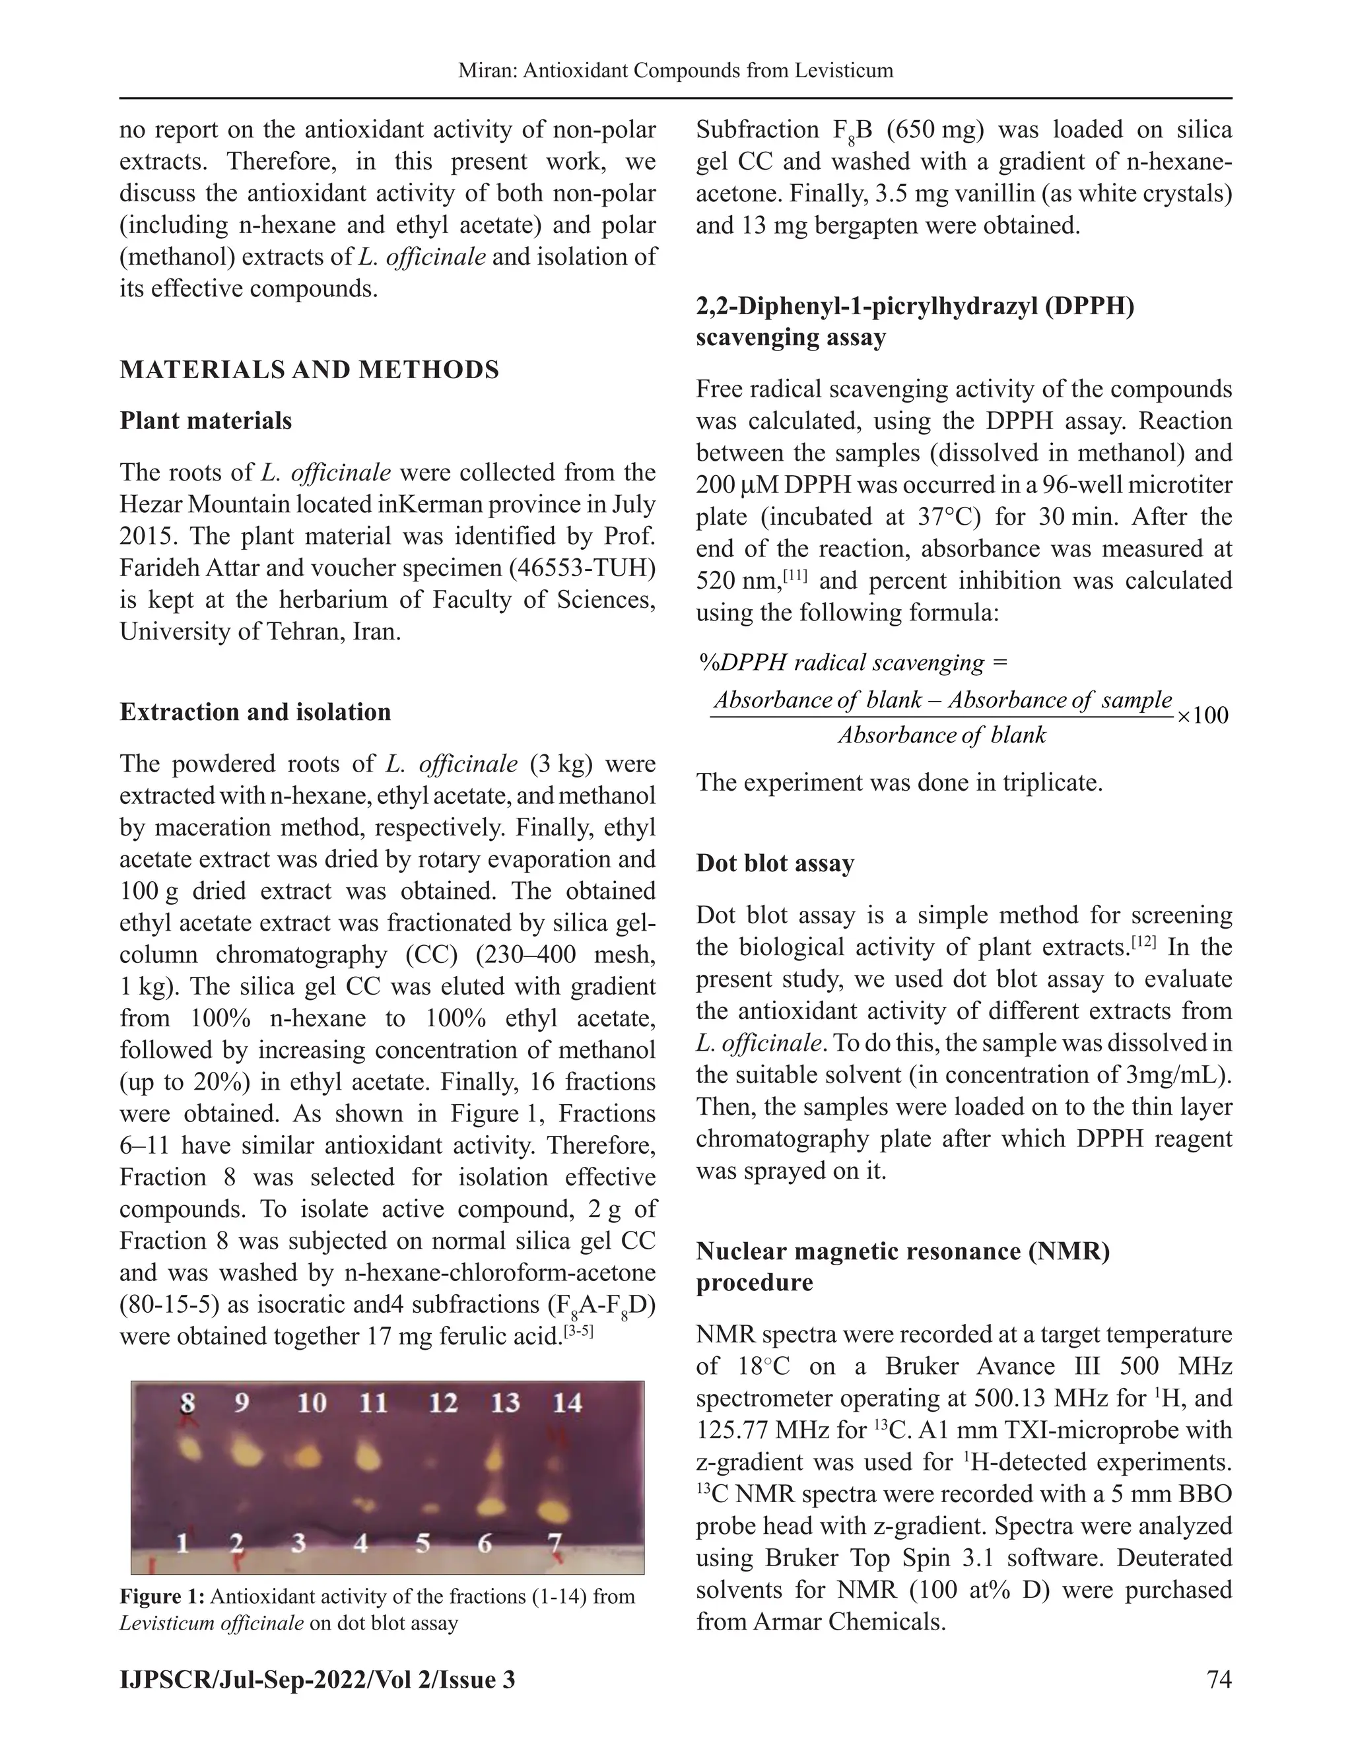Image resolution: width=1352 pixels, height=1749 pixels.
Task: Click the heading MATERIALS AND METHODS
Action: point(309,370)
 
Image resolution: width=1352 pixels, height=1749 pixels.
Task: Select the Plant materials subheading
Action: point(206,421)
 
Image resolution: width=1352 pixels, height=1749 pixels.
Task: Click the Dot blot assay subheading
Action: point(774,863)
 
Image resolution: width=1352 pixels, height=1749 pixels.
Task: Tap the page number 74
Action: point(1218,1679)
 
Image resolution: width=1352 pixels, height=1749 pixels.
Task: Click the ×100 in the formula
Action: point(1201,715)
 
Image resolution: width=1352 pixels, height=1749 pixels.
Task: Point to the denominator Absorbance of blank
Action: point(942,735)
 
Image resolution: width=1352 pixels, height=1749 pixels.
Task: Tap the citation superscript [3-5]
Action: point(578,1333)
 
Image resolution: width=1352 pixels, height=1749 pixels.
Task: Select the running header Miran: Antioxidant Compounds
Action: point(675,71)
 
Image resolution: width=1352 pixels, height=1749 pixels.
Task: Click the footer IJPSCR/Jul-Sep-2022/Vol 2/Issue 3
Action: point(317,1679)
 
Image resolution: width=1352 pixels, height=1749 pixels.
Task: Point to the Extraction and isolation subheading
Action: point(255,713)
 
